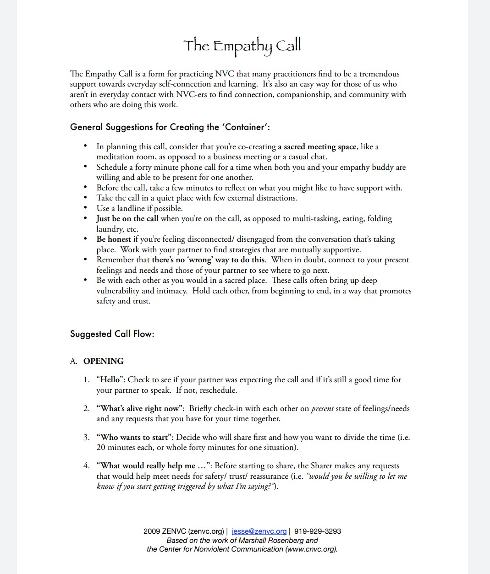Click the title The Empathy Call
click(242, 46)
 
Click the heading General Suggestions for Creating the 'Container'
click(170, 127)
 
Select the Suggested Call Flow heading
click(112, 334)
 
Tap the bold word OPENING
click(104, 361)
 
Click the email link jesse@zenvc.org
click(259, 531)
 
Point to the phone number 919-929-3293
click(318, 531)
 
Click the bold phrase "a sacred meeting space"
click(317, 146)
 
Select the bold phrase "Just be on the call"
click(127, 218)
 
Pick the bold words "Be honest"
click(114, 239)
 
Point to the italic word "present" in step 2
click(322, 408)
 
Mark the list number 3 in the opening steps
click(86, 437)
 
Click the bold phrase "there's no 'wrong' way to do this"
click(209, 260)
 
